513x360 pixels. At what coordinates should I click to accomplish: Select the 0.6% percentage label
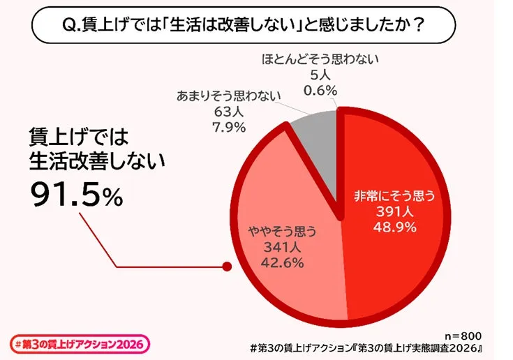click(x=320, y=90)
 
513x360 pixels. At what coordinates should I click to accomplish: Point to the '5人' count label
click(x=320, y=75)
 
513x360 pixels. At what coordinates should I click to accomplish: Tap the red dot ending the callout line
click(x=225, y=266)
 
